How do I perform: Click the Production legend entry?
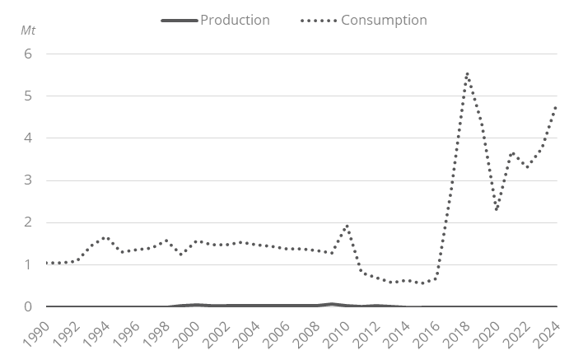tap(235, 20)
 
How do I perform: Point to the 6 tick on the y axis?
tap(27, 54)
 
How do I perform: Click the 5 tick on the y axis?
tap(27, 96)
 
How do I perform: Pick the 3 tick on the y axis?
tap(27, 180)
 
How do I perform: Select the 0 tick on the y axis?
tap(27, 306)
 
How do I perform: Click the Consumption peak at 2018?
tap(467, 73)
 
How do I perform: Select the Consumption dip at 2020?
tap(497, 209)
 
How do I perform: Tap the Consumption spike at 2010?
tap(347, 225)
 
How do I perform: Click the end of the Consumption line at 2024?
tap(557, 107)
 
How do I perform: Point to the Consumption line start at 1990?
tap(49, 263)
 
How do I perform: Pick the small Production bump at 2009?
tap(332, 304)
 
